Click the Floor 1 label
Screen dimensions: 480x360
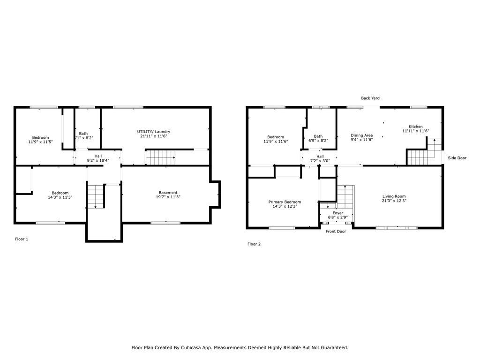click(x=22, y=239)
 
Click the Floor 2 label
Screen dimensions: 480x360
click(x=254, y=244)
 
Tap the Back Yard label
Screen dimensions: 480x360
click(x=370, y=98)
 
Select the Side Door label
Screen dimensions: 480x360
click(x=457, y=158)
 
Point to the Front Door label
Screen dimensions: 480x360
click(x=336, y=232)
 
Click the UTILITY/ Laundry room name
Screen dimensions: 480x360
click(x=154, y=132)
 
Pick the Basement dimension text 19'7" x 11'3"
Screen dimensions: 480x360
click(x=168, y=197)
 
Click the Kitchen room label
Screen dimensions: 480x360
click(x=416, y=127)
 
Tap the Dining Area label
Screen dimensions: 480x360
click(x=361, y=135)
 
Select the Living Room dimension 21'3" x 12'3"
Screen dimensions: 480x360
click(x=394, y=201)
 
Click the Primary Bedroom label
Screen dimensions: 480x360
click(x=285, y=202)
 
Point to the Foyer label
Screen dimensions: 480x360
click(x=338, y=213)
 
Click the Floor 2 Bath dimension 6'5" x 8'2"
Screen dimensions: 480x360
click(x=318, y=141)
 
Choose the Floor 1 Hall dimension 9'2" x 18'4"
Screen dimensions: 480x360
click(x=98, y=160)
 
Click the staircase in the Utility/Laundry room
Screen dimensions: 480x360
click(x=161, y=157)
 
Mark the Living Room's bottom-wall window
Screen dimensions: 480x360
click(x=397, y=228)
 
